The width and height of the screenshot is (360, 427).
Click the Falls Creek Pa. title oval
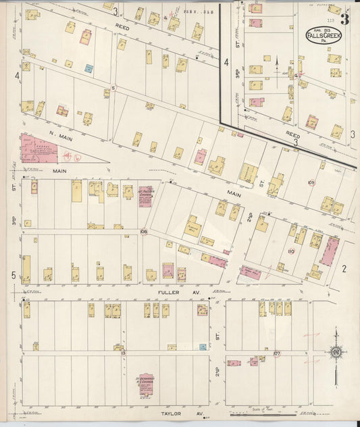[x=319, y=35]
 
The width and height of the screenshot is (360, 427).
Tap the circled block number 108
[x=143, y=232]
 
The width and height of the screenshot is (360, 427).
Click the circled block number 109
[x=311, y=182]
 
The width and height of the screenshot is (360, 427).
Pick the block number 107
[x=277, y=353]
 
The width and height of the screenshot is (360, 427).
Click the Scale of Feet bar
[x=260, y=413]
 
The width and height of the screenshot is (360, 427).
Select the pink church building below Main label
[x=145, y=196]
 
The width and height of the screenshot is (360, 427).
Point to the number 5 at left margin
[x=13, y=275]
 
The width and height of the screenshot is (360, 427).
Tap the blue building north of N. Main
[x=88, y=68]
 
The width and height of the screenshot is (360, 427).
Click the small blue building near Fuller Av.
[x=203, y=346]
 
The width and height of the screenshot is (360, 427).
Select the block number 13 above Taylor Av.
[x=122, y=353]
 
